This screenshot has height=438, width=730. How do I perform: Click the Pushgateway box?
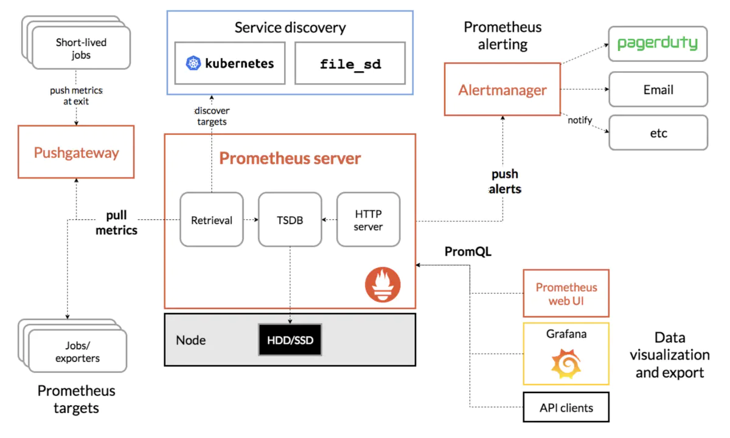pos(76,152)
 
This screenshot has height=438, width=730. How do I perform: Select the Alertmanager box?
pos(502,89)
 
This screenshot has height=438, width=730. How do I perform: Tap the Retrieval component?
pos(212,219)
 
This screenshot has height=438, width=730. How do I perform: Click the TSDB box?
pos(290,219)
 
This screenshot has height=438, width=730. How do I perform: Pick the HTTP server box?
pos(368,219)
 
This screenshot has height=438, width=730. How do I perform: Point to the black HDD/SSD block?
pos(290,340)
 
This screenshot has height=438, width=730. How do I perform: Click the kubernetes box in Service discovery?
pos(230,63)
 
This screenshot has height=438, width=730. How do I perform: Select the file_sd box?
pos(350,63)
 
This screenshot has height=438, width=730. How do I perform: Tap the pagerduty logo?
pos(658,44)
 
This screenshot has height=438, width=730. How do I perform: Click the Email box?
pos(658,90)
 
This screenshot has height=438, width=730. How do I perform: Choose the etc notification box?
pos(658,132)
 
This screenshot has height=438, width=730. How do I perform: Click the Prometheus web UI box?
pos(566,293)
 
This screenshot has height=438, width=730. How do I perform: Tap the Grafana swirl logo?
pos(566,363)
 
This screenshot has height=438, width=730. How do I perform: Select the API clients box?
pos(566,408)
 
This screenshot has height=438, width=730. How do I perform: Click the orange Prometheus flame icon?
pos(383,285)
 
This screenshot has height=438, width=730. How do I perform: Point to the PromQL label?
pos(467,252)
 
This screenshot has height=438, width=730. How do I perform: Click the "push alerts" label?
pos(505,182)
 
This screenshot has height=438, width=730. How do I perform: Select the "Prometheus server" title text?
pos(290,159)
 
